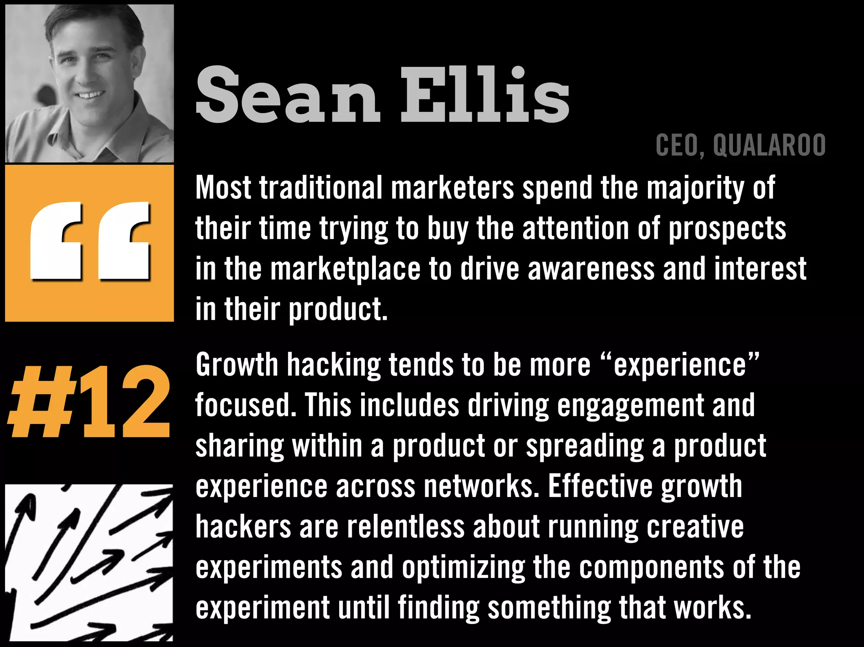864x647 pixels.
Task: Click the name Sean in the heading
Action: [288, 95]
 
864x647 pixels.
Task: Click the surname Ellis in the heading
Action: [485, 95]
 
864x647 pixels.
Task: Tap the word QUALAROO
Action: [769, 145]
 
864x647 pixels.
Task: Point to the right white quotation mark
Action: [124, 241]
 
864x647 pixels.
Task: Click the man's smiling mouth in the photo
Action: [89, 95]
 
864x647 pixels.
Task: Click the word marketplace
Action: [345, 269]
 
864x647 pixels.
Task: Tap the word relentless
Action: [405, 527]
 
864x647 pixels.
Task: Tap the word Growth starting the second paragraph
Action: [237, 365]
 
